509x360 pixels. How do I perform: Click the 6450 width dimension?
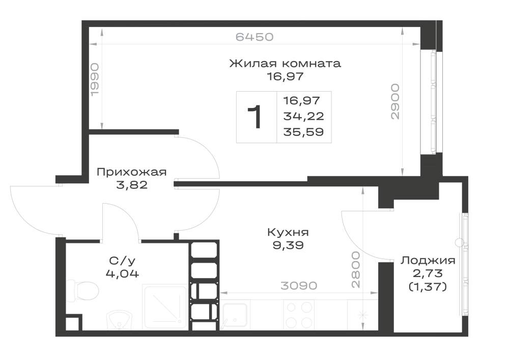pyautogui.click(x=254, y=37)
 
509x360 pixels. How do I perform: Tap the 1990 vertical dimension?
pyautogui.click(x=94, y=80)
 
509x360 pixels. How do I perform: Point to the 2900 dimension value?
pyautogui.click(x=395, y=102)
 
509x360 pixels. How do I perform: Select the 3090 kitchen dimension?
pyautogui.click(x=299, y=286)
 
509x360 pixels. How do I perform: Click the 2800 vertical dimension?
pyautogui.click(x=356, y=270)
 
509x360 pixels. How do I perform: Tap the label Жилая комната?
pyautogui.click(x=285, y=63)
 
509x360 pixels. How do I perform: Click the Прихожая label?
pyautogui.click(x=132, y=172)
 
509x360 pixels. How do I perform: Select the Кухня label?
pyautogui.click(x=288, y=232)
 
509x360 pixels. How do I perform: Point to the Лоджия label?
pyautogui.click(x=428, y=261)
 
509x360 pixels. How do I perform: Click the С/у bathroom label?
pyautogui.click(x=122, y=261)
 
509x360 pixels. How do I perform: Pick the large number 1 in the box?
pyautogui.click(x=255, y=117)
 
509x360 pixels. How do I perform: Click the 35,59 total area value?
pyautogui.click(x=303, y=132)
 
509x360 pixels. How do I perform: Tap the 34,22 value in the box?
pyautogui.click(x=303, y=116)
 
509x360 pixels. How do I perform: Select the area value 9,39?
pyautogui.click(x=288, y=245)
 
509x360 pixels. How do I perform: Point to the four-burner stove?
pyautogui.click(x=299, y=315)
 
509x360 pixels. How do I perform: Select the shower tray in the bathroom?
pyautogui.click(x=165, y=307)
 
